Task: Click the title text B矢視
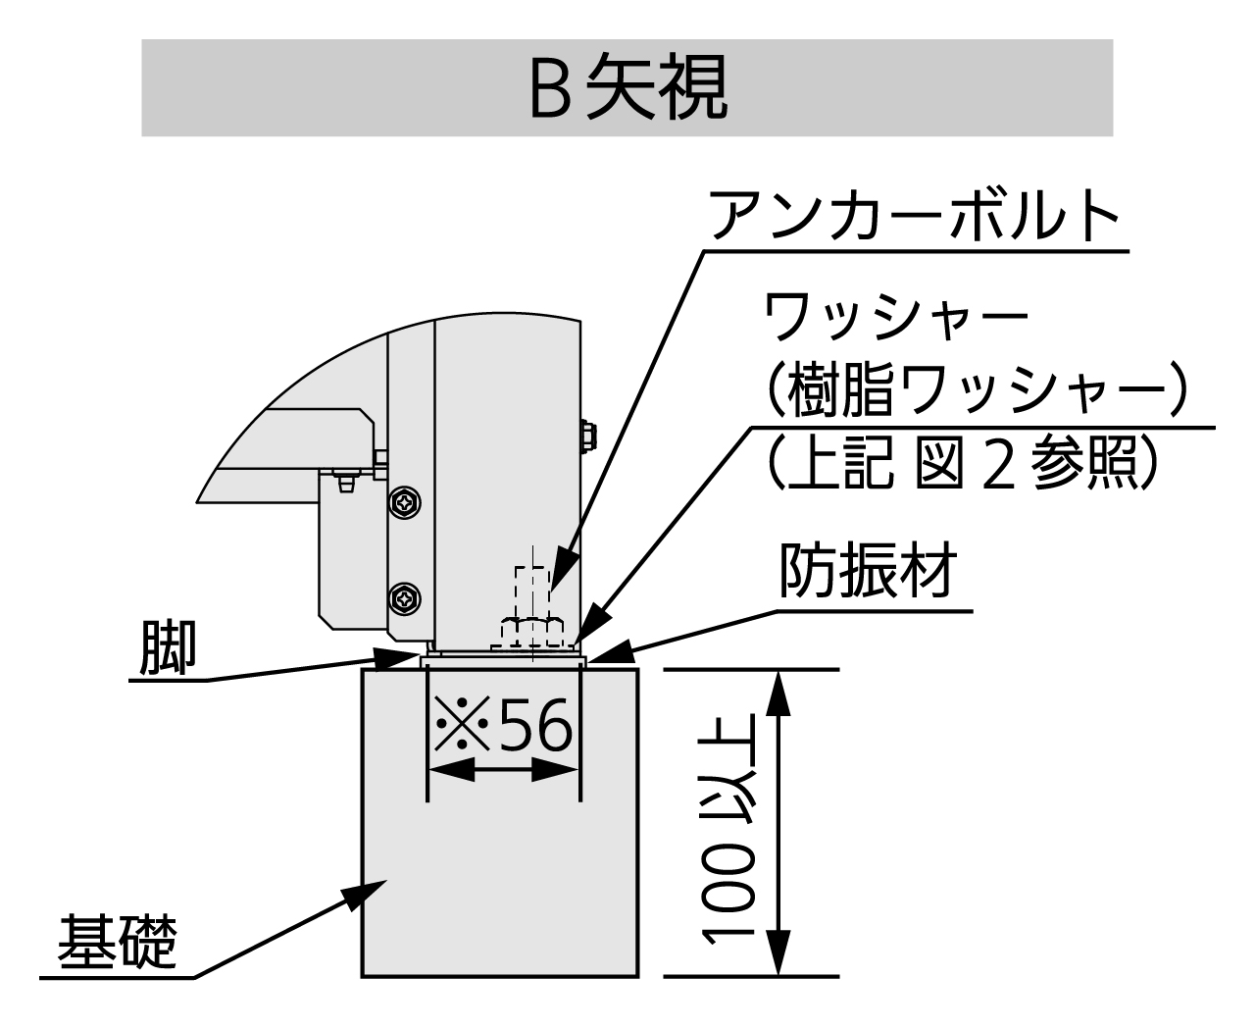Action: pos(627,89)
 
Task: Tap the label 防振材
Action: pos(867,571)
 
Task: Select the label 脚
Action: pos(168,647)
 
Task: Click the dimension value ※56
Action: pos(503,728)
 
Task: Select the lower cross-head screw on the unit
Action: pos(404,595)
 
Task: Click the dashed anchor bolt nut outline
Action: pos(531,631)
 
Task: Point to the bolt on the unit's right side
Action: pos(588,436)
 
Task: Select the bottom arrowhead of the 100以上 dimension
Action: pos(778,956)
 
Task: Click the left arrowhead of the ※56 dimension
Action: pos(447,771)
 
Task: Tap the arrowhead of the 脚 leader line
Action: pos(412,656)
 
